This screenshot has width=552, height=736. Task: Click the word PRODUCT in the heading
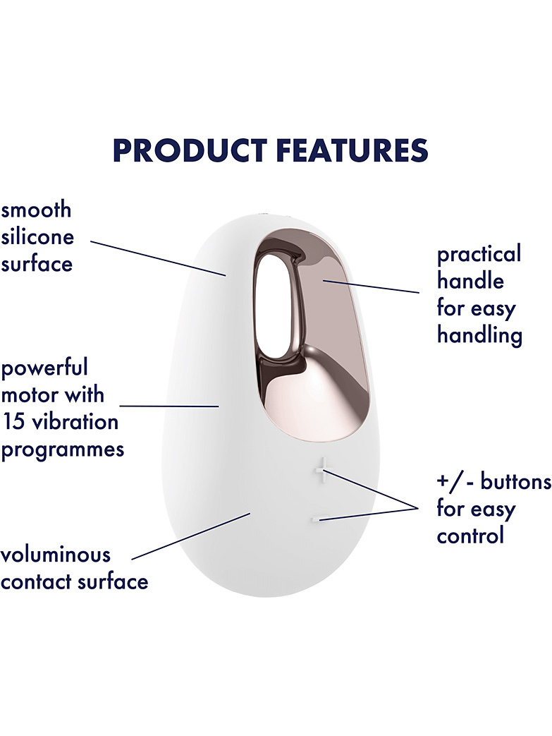click(190, 150)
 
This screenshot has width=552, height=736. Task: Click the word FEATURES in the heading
click(352, 150)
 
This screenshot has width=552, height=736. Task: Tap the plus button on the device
click(322, 471)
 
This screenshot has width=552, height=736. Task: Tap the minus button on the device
click(316, 519)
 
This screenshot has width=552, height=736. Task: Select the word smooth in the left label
click(36, 210)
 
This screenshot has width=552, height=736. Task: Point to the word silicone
click(37, 236)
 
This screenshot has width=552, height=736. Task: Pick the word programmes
click(63, 450)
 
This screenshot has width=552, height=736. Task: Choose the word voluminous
click(56, 555)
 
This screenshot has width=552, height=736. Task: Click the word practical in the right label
click(479, 255)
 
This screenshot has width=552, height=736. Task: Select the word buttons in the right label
click(515, 481)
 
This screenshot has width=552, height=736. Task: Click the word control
click(470, 536)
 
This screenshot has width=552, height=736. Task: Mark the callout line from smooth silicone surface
click(158, 258)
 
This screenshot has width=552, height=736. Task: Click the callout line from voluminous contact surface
click(190, 536)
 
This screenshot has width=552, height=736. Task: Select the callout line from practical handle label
click(371, 286)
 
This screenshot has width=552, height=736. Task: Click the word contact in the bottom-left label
click(37, 582)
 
